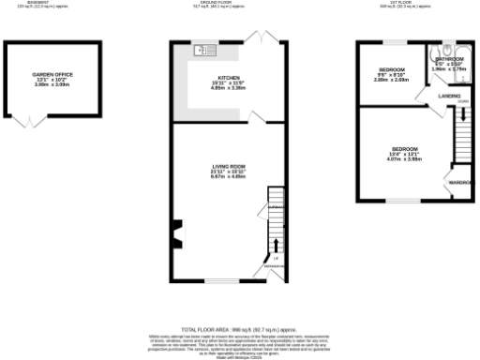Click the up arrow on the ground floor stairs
(277, 247)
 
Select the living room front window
(221, 280)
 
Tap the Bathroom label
(448, 59)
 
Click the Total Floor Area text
(239, 330)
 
